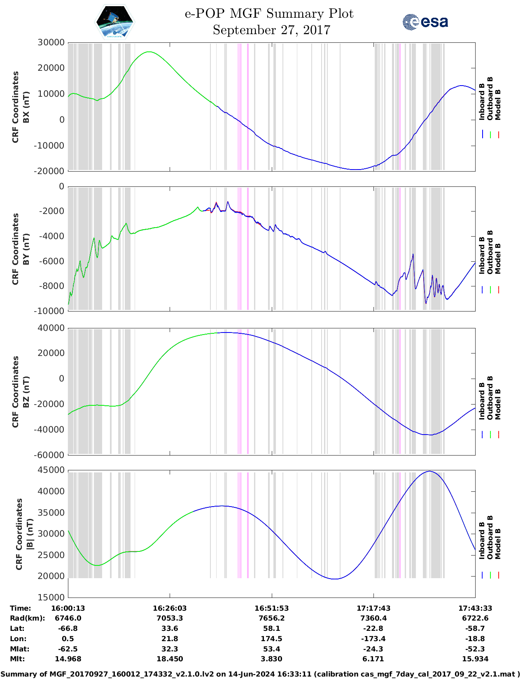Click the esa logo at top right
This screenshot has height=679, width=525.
point(425,22)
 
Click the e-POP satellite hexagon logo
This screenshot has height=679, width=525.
point(115,22)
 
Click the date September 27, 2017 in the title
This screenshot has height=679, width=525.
point(271,30)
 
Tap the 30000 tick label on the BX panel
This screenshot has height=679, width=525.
point(51,42)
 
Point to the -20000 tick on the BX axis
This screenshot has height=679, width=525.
point(50,171)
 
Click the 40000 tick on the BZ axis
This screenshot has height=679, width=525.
point(51,328)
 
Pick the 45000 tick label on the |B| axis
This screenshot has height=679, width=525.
point(51,470)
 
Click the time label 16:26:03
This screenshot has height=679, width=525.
point(170,608)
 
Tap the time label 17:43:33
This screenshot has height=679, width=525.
point(475,608)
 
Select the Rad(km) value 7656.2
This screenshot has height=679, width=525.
point(271,618)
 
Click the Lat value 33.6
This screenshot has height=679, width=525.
point(170,628)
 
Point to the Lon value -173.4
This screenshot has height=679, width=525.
point(373,639)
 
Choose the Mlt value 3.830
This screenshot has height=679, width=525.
point(271,659)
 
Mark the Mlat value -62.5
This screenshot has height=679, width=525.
point(68,649)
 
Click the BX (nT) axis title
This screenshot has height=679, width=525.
point(26,107)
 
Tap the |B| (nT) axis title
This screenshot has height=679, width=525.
point(30,534)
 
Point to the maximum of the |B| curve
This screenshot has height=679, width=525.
point(429,471)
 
